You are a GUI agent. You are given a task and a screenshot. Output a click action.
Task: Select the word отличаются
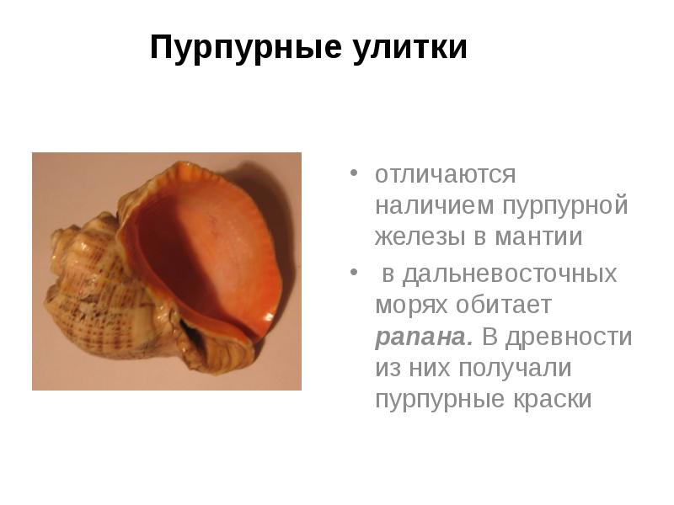pos(445,175)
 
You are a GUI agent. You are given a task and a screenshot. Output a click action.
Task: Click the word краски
pos(552,399)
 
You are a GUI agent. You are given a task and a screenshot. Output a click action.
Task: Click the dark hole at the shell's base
pos(194,332)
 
